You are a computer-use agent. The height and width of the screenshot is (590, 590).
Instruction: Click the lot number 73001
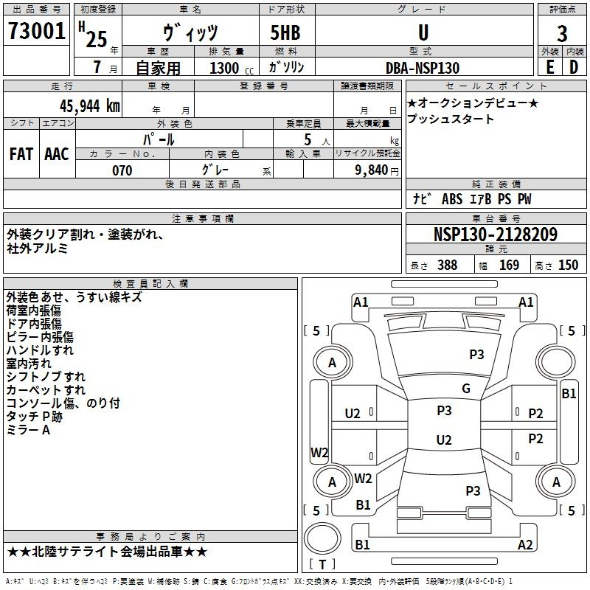36,31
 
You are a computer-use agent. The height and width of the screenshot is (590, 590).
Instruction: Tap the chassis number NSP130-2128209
495,235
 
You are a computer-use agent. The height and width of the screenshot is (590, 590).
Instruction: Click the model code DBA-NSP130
422,68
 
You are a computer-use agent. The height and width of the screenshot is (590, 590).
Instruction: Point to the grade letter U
423,32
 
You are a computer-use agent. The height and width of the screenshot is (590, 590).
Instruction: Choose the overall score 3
562,33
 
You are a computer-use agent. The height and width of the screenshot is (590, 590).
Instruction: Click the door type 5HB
281,32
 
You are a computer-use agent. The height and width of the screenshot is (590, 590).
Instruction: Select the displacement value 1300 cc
229,68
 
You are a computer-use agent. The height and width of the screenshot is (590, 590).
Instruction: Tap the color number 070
122,170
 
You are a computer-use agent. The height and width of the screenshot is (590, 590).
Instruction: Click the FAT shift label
21,154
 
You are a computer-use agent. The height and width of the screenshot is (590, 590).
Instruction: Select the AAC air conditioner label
57,154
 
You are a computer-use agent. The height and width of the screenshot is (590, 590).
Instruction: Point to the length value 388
447,265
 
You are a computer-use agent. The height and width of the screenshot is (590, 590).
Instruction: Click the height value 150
568,265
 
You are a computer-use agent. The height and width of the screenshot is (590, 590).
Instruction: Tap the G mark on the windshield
466,389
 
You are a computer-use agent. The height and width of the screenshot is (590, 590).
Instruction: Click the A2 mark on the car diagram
525,545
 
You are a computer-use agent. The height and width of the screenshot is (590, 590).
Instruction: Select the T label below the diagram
322,565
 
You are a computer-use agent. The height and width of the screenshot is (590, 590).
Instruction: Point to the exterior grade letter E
549,67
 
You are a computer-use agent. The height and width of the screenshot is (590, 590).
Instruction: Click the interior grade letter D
574,67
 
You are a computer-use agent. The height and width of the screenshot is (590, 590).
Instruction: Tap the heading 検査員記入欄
150,283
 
